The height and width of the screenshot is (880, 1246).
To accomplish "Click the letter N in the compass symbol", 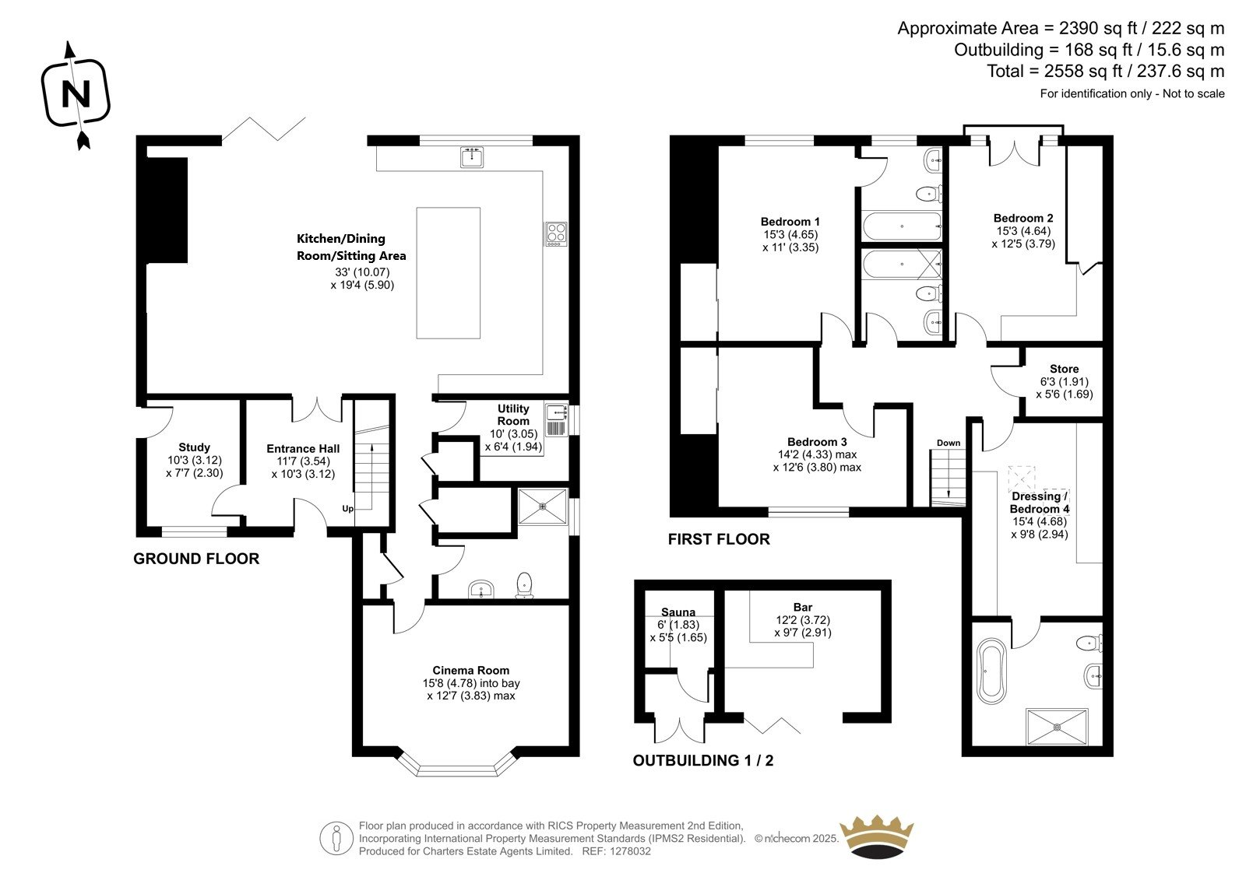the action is pyautogui.click(x=76, y=94).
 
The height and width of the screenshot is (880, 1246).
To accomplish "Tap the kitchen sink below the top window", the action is pyautogui.click(x=472, y=156).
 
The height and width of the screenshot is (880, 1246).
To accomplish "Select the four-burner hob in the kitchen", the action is pyautogui.click(x=556, y=234).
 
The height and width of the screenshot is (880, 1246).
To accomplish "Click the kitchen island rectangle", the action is pyautogui.click(x=449, y=273).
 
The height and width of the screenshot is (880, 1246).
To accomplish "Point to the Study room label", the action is pyautogui.click(x=194, y=447).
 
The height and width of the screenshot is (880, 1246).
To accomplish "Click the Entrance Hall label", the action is pyautogui.click(x=303, y=449).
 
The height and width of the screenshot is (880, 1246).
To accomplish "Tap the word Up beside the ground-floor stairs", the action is pyautogui.click(x=347, y=509).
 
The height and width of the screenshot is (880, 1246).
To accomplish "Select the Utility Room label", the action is pyautogui.click(x=513, y=415).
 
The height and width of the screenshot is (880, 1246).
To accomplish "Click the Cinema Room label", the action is pyautogui.click(x=471, y=671).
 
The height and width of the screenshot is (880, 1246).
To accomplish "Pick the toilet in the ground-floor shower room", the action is pyautogui.click(x=525, y=585).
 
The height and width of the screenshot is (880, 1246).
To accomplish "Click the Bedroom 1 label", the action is pyautogui.click(x=790, y=222).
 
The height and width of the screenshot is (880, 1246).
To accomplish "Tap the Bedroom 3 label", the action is pyautogui.click(x=817, y=442).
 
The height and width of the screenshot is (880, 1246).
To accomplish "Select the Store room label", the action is pyautogui.click(x=1064, y=369).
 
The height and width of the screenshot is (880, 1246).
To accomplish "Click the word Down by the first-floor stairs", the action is pyautogui.click(x=949, y=443).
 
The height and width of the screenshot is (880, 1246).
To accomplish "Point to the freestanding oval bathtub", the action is pyautogui.click(x=992, y=671).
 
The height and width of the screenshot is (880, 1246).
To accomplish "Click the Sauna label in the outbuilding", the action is pyautogui.click(x=678, y=612).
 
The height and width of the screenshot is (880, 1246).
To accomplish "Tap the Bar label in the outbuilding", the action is pyautogui.click(x=803, y=608).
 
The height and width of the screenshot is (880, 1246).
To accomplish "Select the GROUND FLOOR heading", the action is pyautogui.click(x=196, y=559).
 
